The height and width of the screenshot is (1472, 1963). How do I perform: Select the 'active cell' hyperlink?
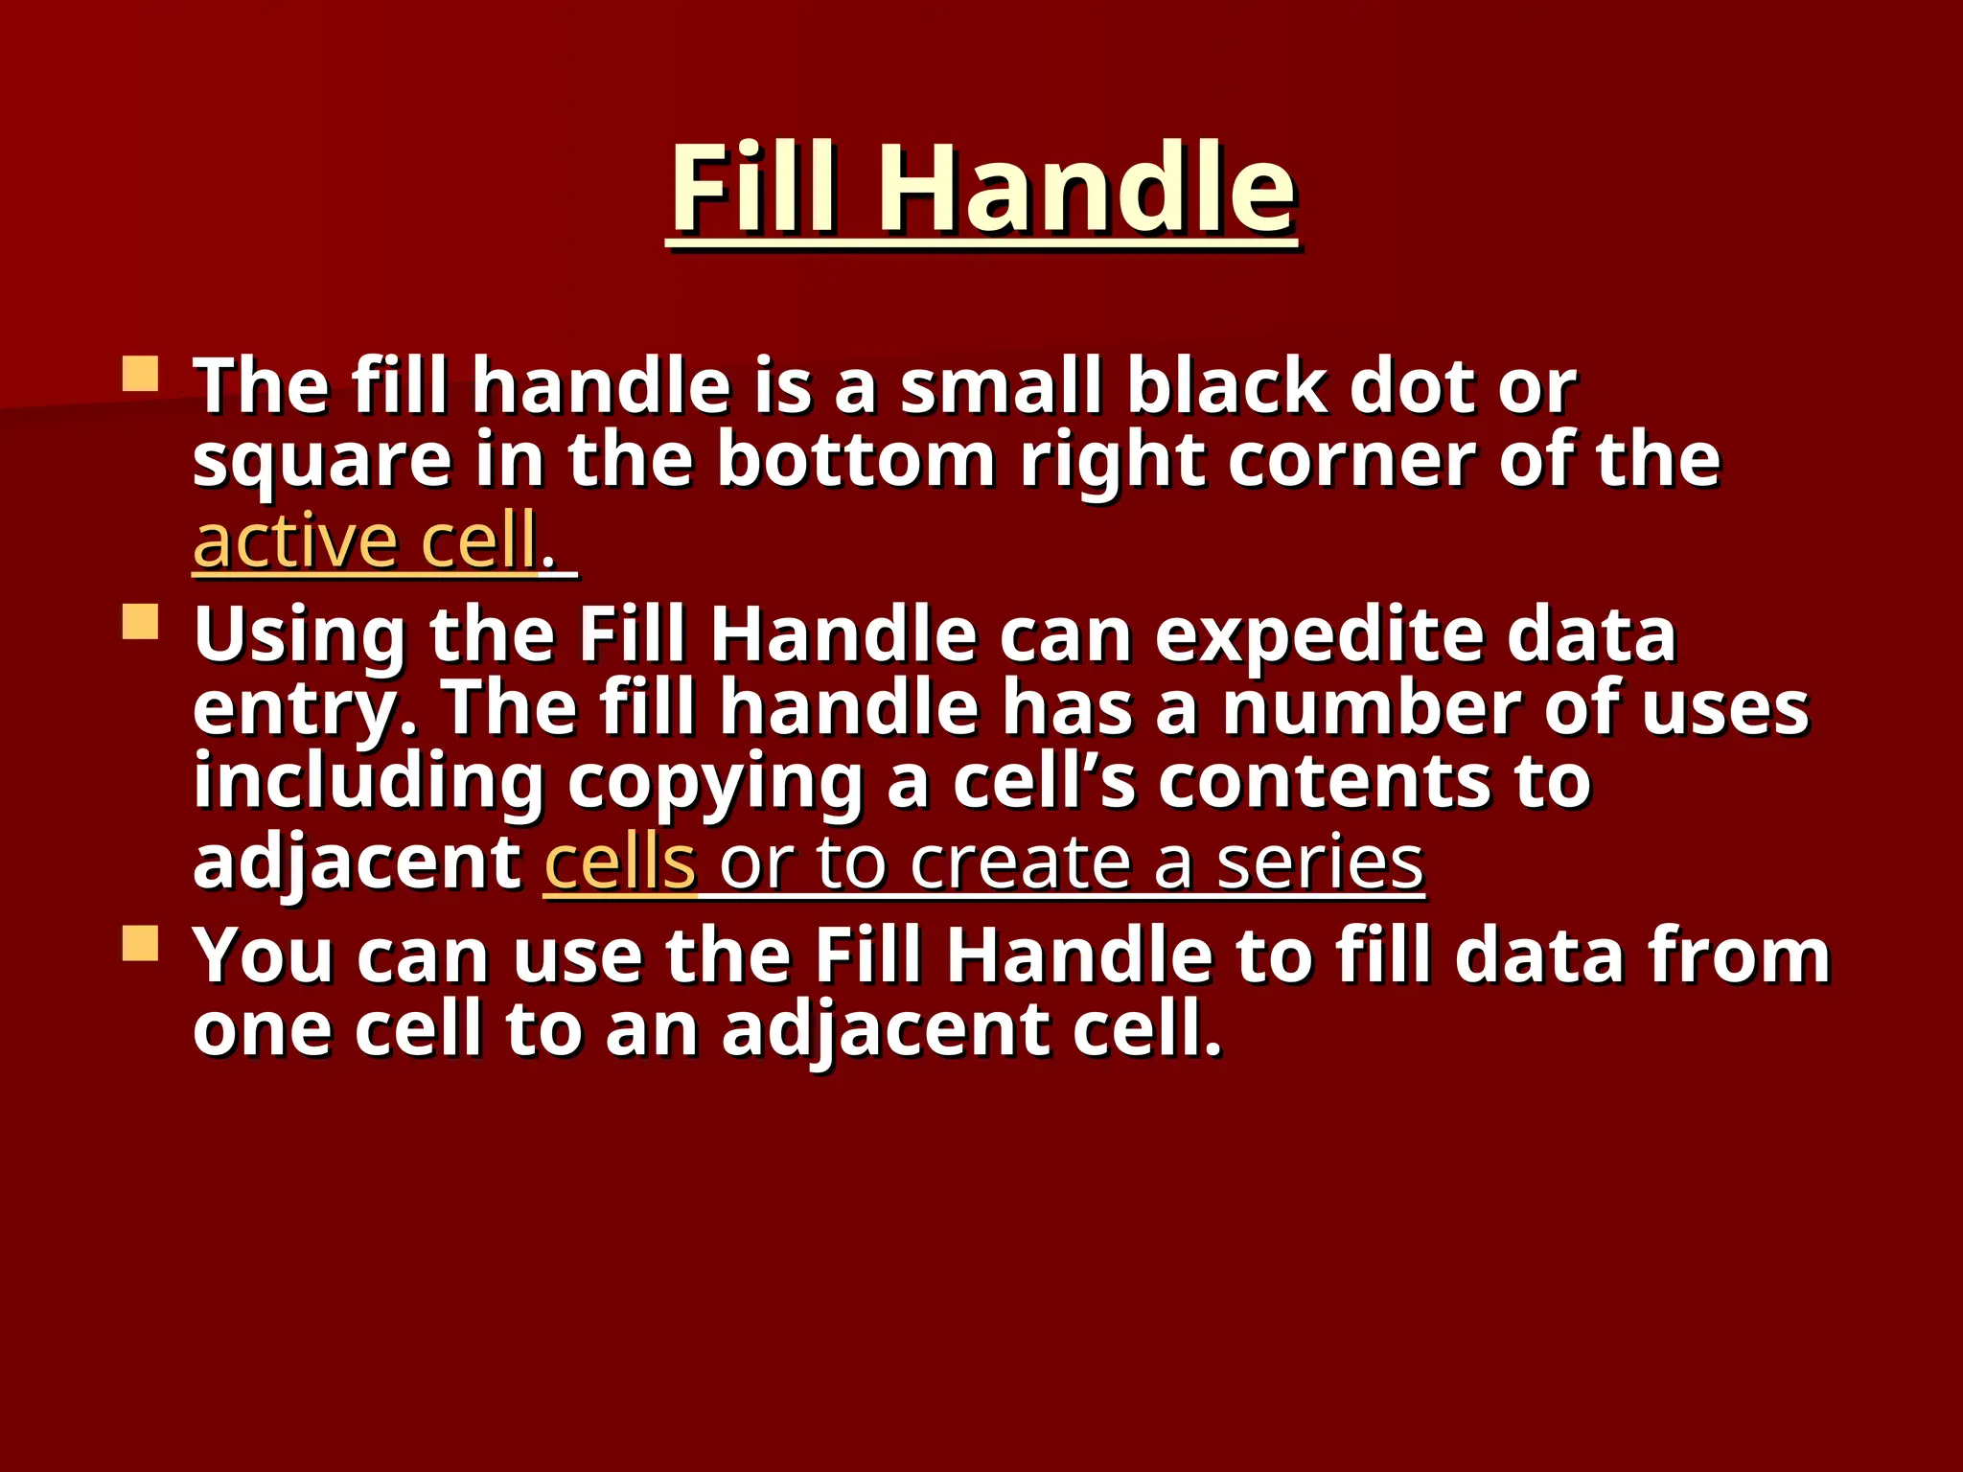click(364, 541)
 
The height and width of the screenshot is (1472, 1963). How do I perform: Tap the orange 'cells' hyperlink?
click(619, 862)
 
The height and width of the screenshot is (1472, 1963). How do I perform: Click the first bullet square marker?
click(140, 374)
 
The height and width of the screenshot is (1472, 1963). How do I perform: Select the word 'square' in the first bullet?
click(322, 463)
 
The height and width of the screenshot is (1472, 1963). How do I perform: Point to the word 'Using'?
click(300, 637)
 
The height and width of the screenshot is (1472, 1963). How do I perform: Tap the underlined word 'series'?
click(1320, 862)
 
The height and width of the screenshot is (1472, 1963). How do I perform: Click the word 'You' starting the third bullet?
click(264, 955)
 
